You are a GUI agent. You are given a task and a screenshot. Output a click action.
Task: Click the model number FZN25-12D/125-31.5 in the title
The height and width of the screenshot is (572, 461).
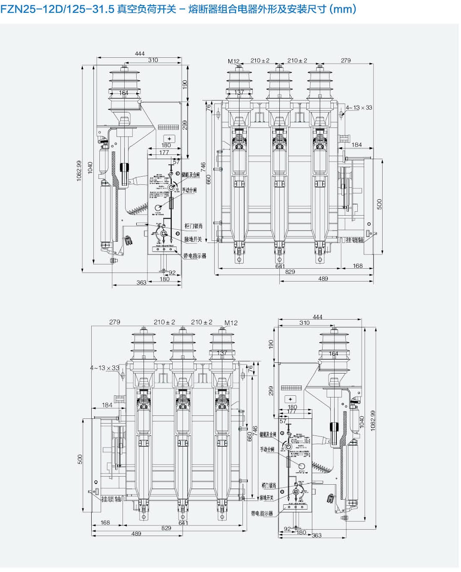[x=57, y=9]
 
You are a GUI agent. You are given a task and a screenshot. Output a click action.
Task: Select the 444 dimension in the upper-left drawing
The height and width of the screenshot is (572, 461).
[x=140, y=53]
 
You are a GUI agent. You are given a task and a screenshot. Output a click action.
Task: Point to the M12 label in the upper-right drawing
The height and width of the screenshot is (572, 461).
[x=233, y=61]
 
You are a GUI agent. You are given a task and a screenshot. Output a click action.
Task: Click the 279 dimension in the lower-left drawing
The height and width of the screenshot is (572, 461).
[x=114, y=322]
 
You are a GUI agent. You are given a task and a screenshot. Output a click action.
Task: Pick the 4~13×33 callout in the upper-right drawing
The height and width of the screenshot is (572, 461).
[x=359, y=107]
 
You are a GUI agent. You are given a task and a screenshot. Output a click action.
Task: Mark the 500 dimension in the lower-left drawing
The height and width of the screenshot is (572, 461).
[x=80, y=459]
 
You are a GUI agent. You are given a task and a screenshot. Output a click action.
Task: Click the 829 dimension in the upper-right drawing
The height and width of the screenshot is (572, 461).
[x=290, y=272]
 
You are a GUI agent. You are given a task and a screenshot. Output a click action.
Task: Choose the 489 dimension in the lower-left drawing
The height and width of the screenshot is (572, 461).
[x=136, y=533]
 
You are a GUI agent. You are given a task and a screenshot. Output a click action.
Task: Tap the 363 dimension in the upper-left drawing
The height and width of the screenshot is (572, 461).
[x=141, y=282]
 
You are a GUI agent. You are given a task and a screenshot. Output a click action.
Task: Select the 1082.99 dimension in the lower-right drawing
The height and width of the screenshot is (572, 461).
[x=373, y=421]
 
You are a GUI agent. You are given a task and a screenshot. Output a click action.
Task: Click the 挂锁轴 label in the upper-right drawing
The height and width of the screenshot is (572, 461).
[x=355, y=240]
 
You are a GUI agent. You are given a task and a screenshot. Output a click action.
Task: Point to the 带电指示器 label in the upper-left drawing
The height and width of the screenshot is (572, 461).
[x=195, y=256]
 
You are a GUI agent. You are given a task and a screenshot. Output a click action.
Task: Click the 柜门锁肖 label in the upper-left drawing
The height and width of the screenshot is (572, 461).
[x=194, y=226]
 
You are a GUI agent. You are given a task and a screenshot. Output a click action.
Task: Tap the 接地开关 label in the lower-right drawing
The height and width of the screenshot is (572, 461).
[x=266, y=498]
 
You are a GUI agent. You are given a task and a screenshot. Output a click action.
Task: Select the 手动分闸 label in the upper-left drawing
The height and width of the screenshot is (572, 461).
[x=189, y=190]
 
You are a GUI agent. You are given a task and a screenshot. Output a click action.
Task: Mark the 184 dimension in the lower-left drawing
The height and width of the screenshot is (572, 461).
[x=107, y=405]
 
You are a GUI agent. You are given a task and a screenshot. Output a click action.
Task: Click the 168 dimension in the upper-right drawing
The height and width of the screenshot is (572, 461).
[x=358, y=266]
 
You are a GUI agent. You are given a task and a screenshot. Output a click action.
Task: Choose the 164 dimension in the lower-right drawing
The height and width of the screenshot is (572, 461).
[x=333, y=354]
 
